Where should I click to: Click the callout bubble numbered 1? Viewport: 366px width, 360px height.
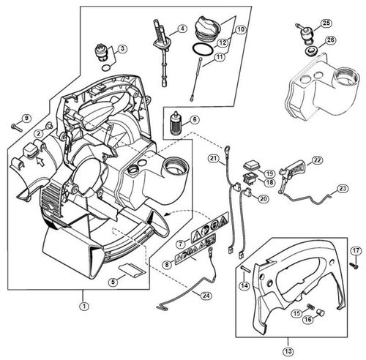pyautogui.click(x=84, y=306)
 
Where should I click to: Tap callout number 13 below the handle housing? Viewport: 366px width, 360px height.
pyautogui.click(x=288, y=351)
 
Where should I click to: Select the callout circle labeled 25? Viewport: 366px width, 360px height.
pyautogui.click(x=326, y=23)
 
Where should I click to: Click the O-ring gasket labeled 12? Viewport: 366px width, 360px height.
pyautogui.click(x=203, y=50)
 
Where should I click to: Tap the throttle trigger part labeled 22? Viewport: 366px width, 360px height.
pyautogui.click(x=292, y=173)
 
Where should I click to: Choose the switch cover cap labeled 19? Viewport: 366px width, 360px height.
pyautogui.click(x=252, y=165)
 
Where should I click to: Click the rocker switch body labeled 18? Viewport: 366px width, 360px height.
pyautogui.click(x=250, y=176)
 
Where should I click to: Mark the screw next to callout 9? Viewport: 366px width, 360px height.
pyautogui.click(x=17, y=127)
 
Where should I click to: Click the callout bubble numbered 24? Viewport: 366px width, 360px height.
pyautogui.click(x=206, y=296)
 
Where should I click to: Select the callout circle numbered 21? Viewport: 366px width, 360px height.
pyautogui.click(x=214, y=159)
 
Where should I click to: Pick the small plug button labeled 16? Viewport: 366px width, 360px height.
pyautogui.click(x=321, y=312)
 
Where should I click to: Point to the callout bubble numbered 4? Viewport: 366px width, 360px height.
pyautogui.click(x=182, y=29)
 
